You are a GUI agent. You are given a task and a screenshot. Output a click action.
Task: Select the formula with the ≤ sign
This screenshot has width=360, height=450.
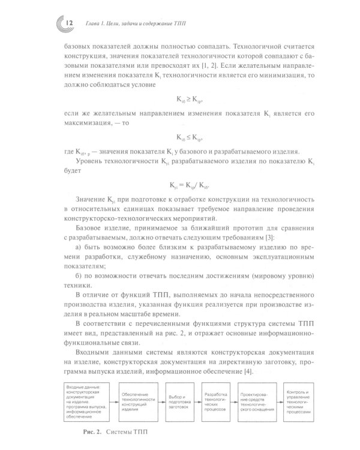pos(181,136)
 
